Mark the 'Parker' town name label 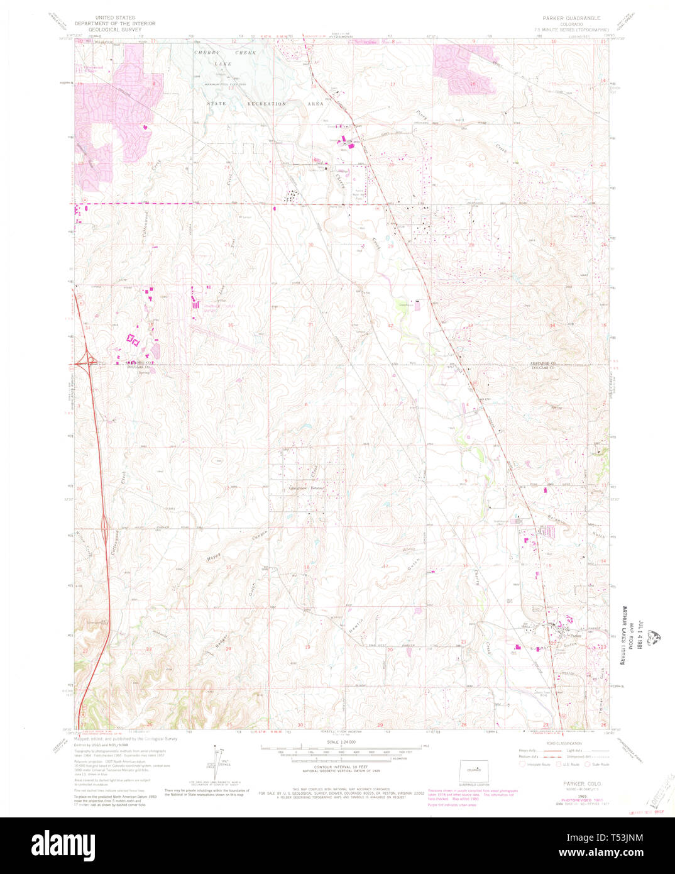coord(577,636)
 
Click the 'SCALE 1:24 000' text coord(341,742)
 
